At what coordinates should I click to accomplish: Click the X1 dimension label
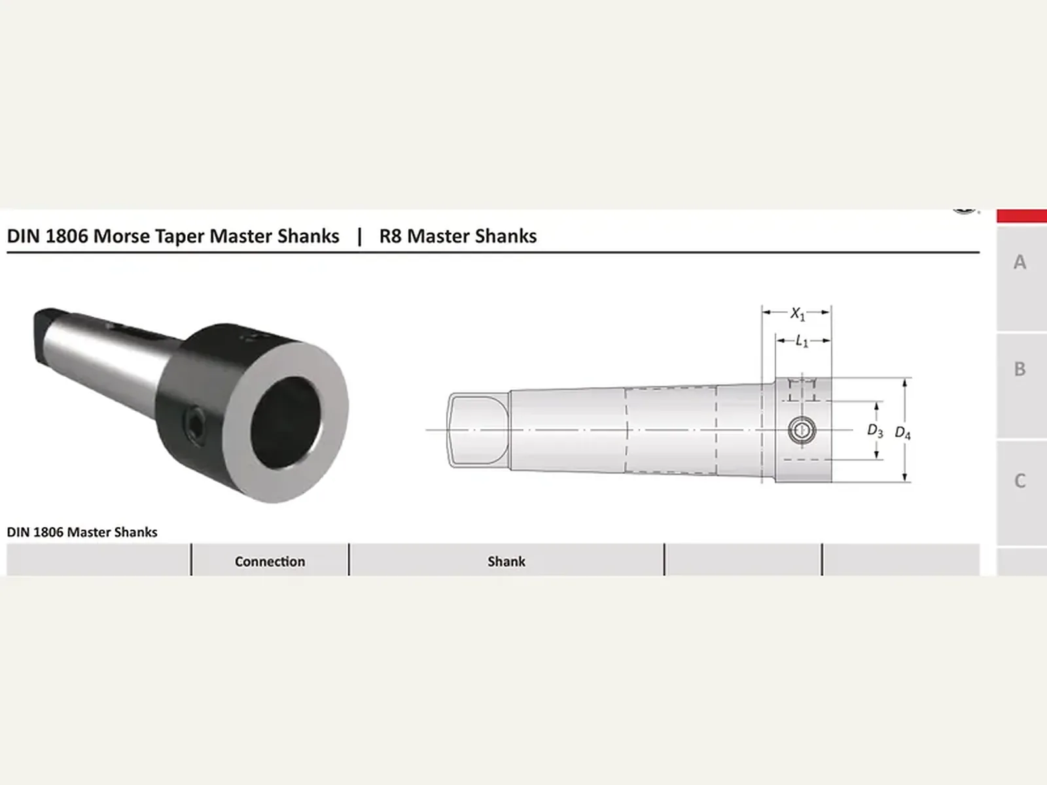coord(798,313)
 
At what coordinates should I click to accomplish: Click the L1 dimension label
coord(802,341)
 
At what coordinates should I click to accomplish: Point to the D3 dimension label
coord(875,430)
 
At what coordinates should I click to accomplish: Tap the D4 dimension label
coord(902,433)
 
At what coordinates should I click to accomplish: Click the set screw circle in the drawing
coord(802,430)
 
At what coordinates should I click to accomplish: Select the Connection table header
coord(270,561)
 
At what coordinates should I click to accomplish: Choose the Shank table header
coord(506,561)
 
